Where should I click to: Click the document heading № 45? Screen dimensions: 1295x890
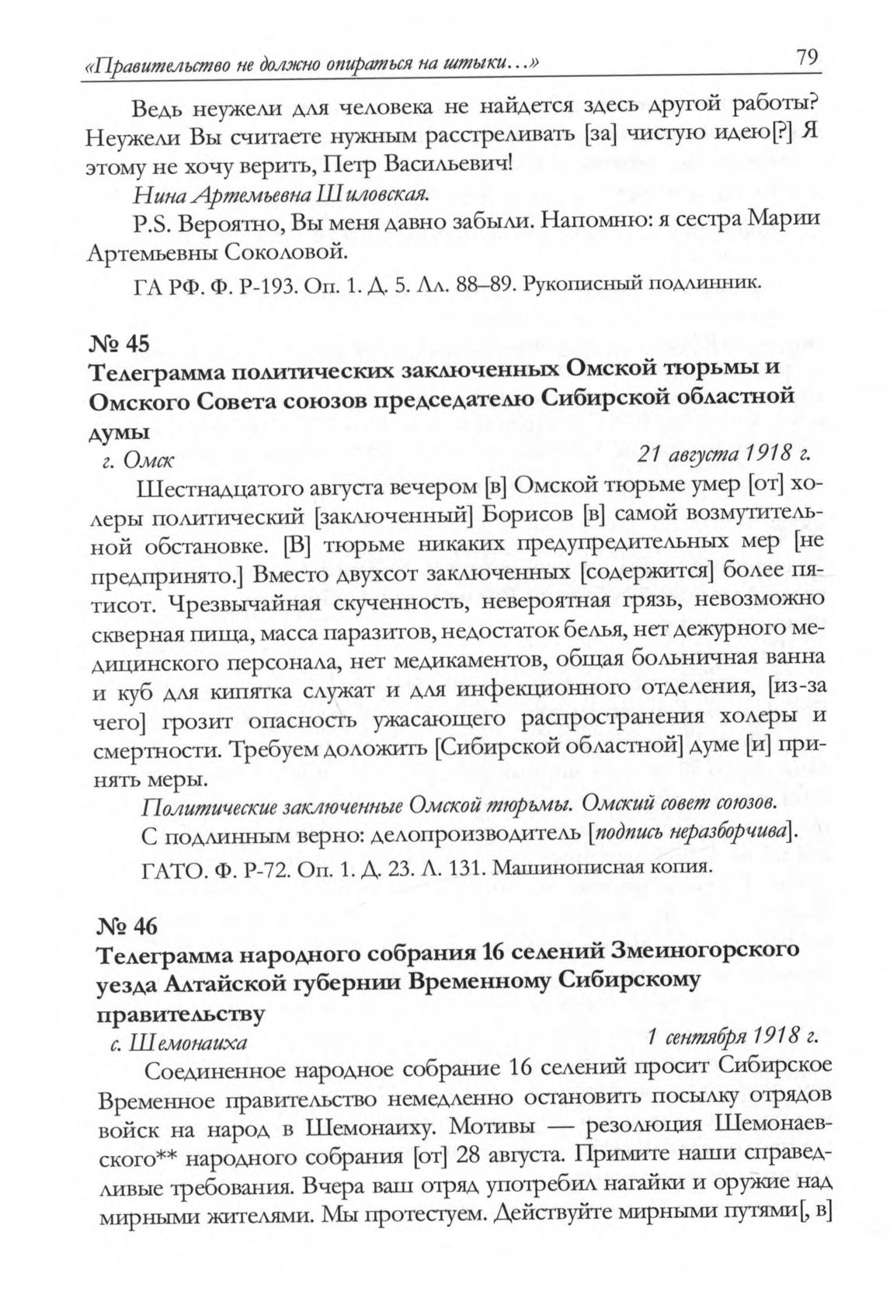118,343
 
